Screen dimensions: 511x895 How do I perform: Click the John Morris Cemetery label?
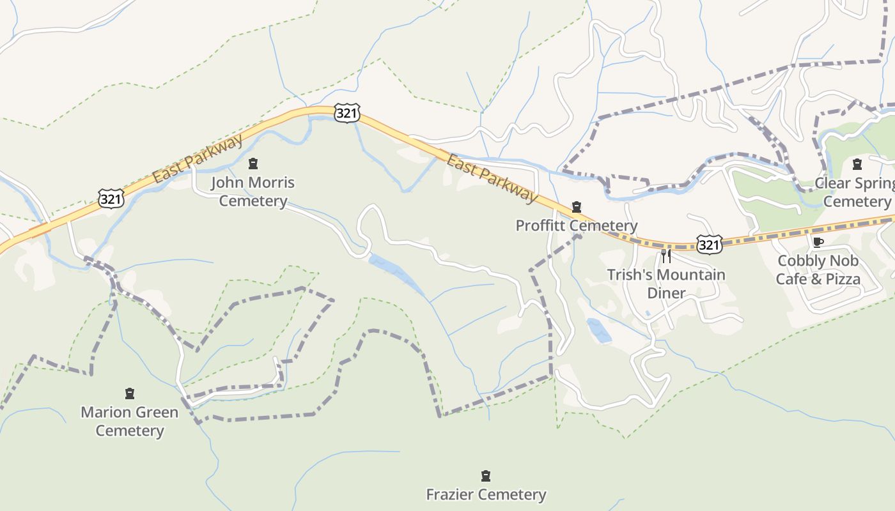tap(253, 192)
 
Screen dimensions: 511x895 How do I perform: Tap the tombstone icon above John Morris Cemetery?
tap(253, 164)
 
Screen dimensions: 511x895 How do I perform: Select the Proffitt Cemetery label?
tap(576, 225)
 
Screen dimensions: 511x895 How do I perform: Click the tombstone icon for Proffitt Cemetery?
tap(577, 206)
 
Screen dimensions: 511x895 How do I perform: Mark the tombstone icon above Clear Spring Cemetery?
tap(857, 164)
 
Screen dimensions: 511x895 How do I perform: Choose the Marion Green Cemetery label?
tap(129, 421)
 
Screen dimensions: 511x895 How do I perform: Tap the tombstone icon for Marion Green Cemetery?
tap(130, 393)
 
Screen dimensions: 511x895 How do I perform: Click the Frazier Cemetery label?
tap(486, 494)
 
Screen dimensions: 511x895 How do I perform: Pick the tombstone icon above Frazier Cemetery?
tap(486, 476)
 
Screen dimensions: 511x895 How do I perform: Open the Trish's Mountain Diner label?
tap(666, 284)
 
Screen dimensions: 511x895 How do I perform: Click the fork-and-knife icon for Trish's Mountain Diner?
tap(666, 256)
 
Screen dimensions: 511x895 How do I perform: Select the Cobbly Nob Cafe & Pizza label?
tap(818, 270)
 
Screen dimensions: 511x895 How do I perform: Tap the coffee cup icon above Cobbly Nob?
tap(818, 241)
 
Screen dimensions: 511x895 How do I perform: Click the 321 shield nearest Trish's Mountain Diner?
tap(710, 244)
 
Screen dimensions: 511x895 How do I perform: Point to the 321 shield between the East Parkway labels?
tap(346, 113)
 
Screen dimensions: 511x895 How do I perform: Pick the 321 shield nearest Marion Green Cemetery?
tap(111, 199)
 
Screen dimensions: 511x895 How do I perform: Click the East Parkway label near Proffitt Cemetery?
tap(492, 178)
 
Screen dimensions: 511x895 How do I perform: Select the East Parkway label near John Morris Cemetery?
tap(198, 158)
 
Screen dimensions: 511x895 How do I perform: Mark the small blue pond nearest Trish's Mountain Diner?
tap(599, 330)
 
